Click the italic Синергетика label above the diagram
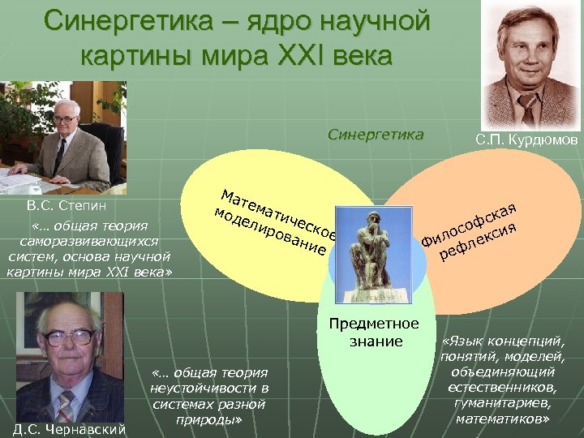coord(376,135)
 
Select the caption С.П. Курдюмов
coord(526,140)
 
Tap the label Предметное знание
coord(374,333)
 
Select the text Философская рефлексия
coord(470,233)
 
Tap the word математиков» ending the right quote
coord(503,419)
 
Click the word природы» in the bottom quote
coord(208,420)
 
